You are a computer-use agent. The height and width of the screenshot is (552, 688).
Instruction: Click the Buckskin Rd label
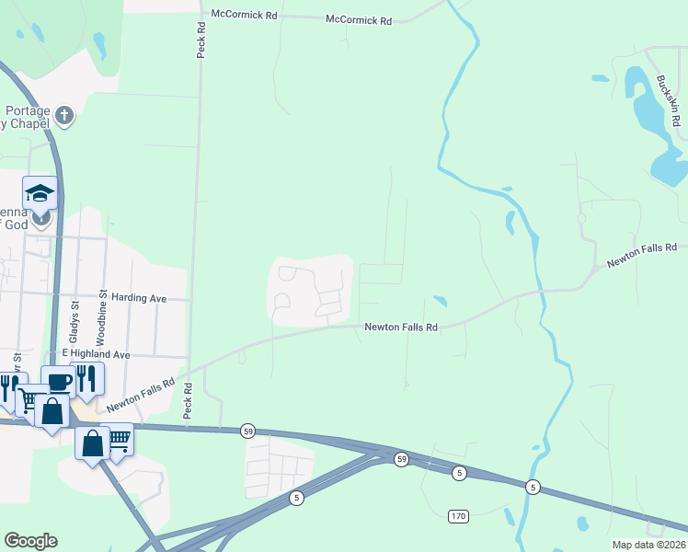[668, 101]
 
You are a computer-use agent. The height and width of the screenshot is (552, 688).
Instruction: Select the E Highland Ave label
[96, 353]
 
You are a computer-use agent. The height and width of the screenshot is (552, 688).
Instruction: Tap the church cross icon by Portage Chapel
[63, 115]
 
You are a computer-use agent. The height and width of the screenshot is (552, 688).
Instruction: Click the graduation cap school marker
[40, 193]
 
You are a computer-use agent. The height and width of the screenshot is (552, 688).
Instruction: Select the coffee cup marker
[58, 382]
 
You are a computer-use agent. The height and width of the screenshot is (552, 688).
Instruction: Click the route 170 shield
[458, 515]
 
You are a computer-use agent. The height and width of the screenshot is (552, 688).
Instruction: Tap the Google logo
[31, 541]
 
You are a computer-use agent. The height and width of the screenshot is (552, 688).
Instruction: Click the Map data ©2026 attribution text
[648, 545]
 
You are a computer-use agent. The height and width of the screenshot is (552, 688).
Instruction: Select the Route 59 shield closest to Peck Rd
[247, 431]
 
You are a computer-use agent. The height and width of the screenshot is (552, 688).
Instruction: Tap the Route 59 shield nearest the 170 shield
[401, 458]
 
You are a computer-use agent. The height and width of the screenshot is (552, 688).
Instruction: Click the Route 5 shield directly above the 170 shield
[458, 473]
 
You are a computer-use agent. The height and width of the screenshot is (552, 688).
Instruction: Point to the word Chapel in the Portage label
[29, 123]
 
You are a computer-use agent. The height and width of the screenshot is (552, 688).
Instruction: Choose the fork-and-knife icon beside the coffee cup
[86, 378]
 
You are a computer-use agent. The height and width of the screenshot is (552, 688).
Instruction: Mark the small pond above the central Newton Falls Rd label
[439, 300]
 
